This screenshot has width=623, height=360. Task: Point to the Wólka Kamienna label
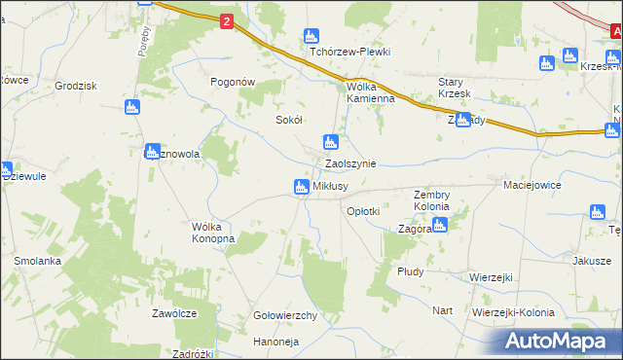(x=371, y=91)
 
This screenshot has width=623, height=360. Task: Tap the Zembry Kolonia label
(x=431, y=200)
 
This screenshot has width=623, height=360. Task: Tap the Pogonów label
(x=233, y=83)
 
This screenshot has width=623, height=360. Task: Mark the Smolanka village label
(x=38, y=261)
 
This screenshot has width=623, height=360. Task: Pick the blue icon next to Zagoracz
(x=439, y=226)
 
